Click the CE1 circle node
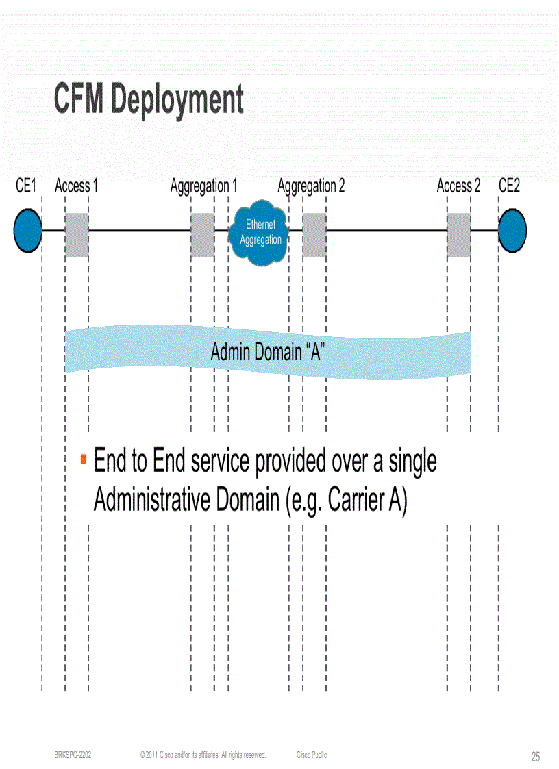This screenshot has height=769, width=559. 28,231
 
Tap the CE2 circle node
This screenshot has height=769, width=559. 512,231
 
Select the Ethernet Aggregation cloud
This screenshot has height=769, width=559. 260,234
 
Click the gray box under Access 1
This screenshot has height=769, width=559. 77,235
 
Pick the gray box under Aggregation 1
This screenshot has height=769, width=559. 202,235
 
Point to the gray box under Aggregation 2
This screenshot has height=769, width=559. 314,235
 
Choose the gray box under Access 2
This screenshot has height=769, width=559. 459,235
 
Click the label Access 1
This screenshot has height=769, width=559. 76,186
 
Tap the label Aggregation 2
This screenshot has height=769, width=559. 311,186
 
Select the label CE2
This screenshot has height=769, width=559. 509,186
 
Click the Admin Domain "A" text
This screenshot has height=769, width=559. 267,353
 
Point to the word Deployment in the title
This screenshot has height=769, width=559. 177,100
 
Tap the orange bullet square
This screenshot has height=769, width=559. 83,457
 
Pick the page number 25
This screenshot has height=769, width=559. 535,757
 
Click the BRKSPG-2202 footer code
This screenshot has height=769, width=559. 73,755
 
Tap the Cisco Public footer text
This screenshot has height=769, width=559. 312,755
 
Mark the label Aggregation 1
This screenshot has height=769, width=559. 203,186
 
